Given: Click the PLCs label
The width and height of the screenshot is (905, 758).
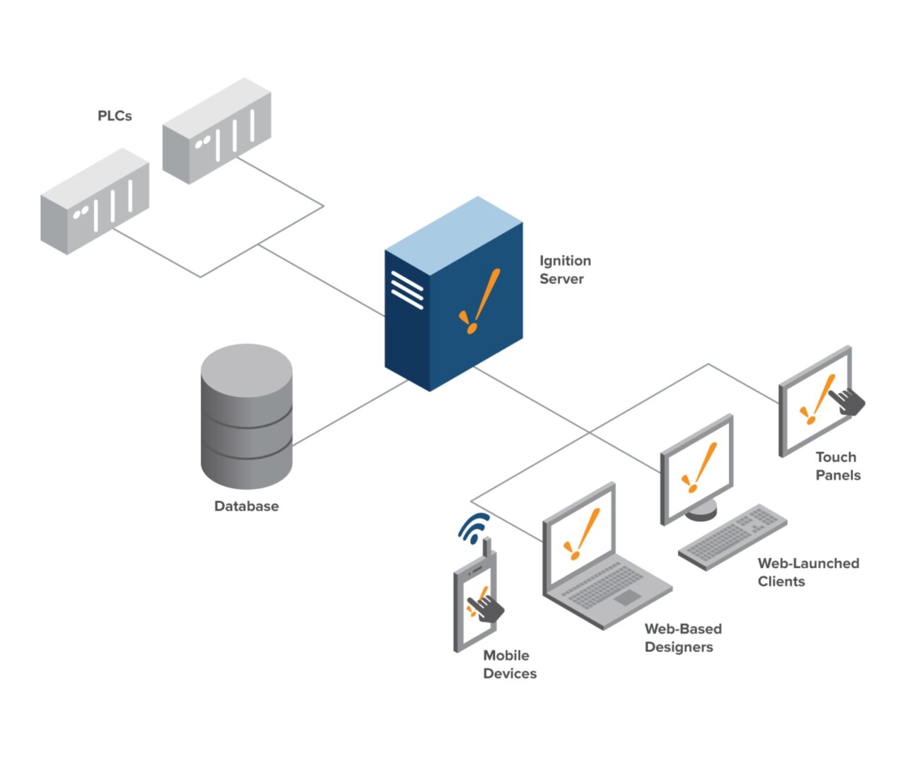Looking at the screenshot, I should (x=115, y=116).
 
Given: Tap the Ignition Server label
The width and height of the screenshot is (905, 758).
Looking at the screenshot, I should (x=564, y=270).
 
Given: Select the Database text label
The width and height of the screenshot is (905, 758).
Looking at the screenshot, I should (x=246, y=507).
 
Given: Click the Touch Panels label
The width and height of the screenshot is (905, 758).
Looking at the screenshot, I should (x=838, y=466).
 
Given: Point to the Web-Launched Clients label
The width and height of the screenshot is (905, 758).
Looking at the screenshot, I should (x=807, y=572).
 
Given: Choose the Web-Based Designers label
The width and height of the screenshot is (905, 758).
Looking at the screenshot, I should (x=682, y=638).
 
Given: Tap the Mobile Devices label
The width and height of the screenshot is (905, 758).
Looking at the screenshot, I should (x=509, y=665).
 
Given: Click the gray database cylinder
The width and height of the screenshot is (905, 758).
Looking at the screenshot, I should (x=246, y=417).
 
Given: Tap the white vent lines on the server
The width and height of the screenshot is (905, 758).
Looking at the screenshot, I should (x=407, y=290).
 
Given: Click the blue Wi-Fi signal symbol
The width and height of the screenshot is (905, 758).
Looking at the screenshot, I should (x=473, y=527).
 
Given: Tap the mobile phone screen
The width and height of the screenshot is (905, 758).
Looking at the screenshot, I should (x=474, y=608).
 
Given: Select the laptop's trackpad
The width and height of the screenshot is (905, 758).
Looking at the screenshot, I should (x=627, y=598).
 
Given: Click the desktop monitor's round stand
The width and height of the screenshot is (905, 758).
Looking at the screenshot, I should (x=701, y=510).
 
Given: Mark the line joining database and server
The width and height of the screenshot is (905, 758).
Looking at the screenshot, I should (x=350, y=413).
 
